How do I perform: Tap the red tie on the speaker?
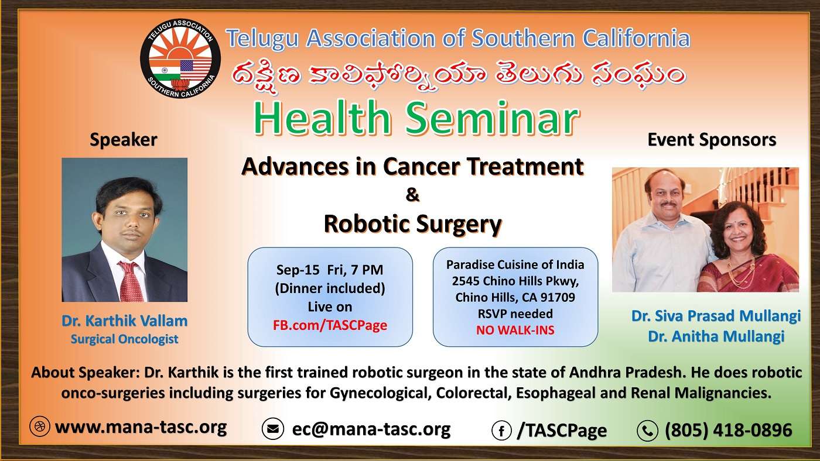[130, 281]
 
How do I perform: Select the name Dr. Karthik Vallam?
[124, 321]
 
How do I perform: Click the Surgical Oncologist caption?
[124, 339]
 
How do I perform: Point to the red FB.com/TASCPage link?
[330, 325]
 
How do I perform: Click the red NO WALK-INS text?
[515, 331]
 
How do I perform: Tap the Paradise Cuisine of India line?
[515, 264]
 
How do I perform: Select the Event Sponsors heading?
[711, 140]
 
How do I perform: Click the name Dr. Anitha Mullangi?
[716, 336]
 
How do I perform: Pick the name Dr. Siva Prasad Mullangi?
[716, 316]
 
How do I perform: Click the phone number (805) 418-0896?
[728, 431]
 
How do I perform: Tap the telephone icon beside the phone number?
[647, 431]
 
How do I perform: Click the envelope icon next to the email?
[272, 429]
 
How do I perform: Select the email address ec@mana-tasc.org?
[371, 429]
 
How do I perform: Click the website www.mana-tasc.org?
[141, 427]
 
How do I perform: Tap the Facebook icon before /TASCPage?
[501, 431]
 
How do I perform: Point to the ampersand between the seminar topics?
[412, 195]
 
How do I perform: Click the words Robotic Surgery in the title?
[412, 223]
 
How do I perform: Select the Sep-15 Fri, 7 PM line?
[330, 270]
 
